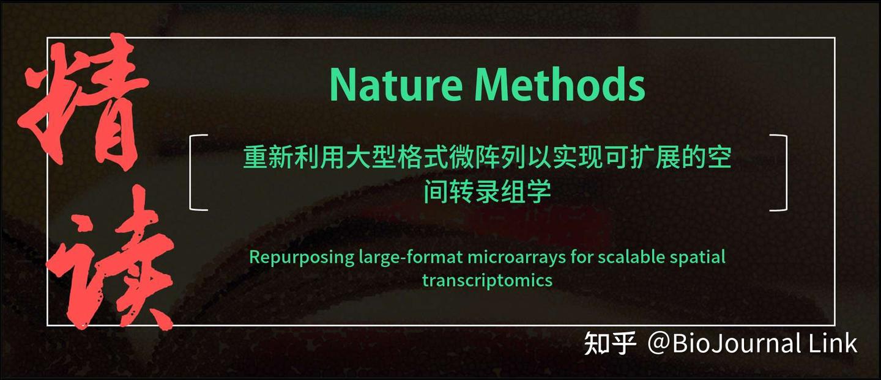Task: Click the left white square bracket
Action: (196, 172)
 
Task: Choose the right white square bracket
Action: (780, 172)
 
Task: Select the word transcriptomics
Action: (487, 280)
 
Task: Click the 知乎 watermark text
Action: (611, 343)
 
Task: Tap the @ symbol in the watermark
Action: (660, 343)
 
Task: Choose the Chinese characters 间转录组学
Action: (487, 192)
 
